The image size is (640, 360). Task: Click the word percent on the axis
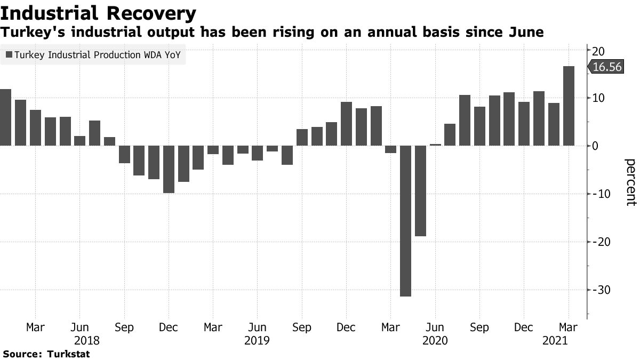click(630, 182)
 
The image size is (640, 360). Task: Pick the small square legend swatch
click(9, 54)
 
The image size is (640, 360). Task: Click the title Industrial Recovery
click(98, 12)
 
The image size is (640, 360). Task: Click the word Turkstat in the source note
click(69, 354)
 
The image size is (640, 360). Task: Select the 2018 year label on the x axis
click(87, 340)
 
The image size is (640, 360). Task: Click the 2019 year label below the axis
click(258, 340)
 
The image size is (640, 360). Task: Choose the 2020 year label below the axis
click(434, 340)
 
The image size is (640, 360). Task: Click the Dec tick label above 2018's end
click(169, 327)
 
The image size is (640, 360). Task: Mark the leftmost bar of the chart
click(5, 117)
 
